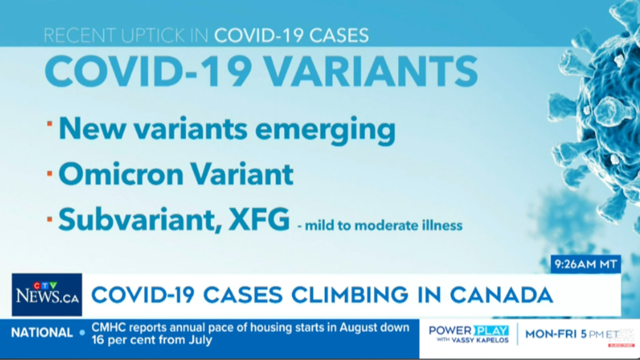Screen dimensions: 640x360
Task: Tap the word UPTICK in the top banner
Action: click(x=152, y=35)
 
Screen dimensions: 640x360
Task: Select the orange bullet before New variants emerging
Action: click(x=49, y=123)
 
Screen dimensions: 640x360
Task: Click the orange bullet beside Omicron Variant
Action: click(x=49, y=173)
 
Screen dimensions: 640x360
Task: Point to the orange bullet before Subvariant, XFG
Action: click(x=49, y=219)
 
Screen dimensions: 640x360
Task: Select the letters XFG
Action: click(x=259, y=219)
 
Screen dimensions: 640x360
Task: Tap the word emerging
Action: click(x=325, y=131)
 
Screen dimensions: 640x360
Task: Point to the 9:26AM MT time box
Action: click(x=585, y=264)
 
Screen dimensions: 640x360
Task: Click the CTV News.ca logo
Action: click(x=47, y=294)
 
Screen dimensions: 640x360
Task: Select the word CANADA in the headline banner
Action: click(x=501, y=295)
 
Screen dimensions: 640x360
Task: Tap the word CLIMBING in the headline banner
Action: click(x=349, y=295)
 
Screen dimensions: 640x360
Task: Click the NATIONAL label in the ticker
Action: click(x=42, y=333)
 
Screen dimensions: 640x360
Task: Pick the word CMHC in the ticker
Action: click(x=109, y=327)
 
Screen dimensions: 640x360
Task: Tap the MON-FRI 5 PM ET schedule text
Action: click(x=572, y=334)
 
